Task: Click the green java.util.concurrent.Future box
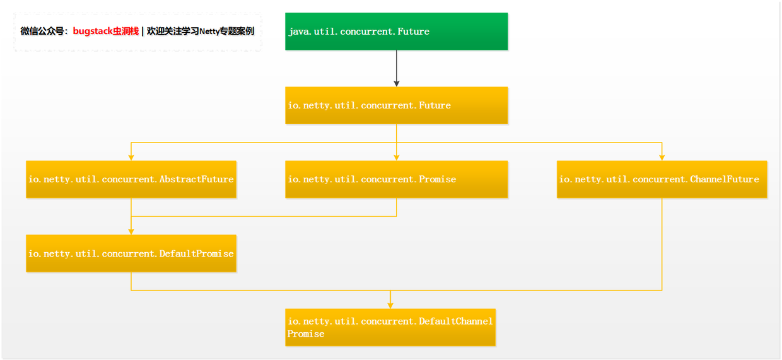click(x=396, y=31)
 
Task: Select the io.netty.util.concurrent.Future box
click(x=396, y=105)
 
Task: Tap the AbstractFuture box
click(x=131, y=179)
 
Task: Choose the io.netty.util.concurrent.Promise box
click(x=396, y=179)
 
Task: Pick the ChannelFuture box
click(x=662, y=179)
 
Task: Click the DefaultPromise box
click(x=131, y=253)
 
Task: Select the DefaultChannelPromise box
click(x=390, y=327)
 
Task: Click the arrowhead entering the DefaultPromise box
click(x=131, y=231)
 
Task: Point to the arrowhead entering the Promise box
click(x=397, y=157)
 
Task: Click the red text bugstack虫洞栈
click(x=105, y=31)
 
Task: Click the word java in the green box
click(x=299, y=32)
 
